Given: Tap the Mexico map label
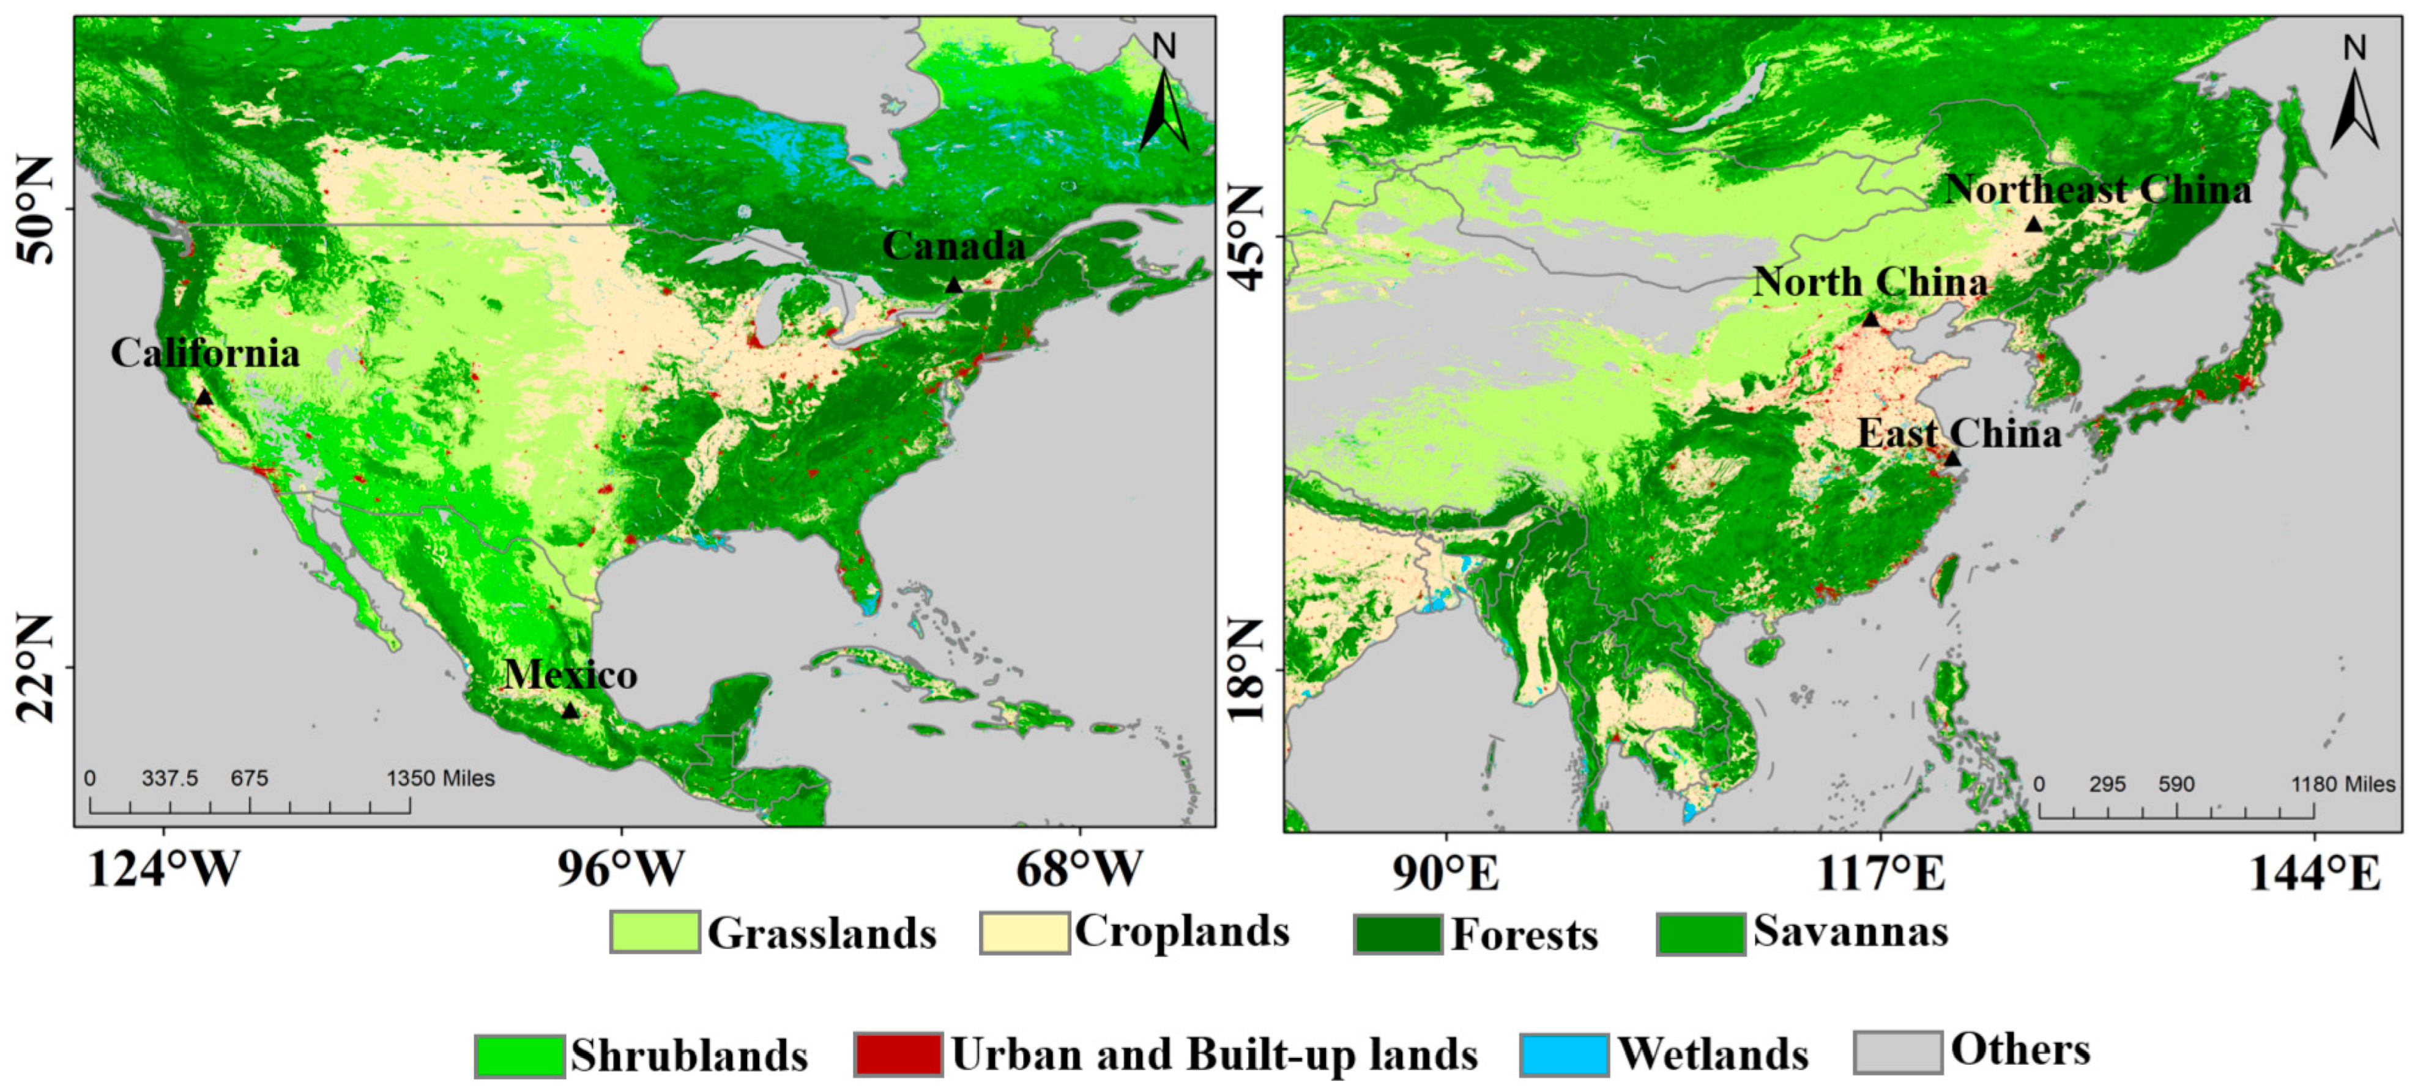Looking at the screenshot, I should pos(570,675).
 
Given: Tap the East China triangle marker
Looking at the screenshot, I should pos(1952,458).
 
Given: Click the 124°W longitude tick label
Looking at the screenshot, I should pos(163,869).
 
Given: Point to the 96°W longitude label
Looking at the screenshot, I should pos(620,869).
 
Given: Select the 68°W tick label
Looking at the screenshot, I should pos(1079,869).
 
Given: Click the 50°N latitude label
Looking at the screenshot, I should pos(35,210).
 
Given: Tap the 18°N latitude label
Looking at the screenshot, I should pos(1245,668).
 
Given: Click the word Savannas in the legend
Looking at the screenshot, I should pos(1851,931).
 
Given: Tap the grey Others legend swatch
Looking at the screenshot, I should pos(1897,1052).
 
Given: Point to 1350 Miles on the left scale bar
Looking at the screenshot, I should pos(441,778).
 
